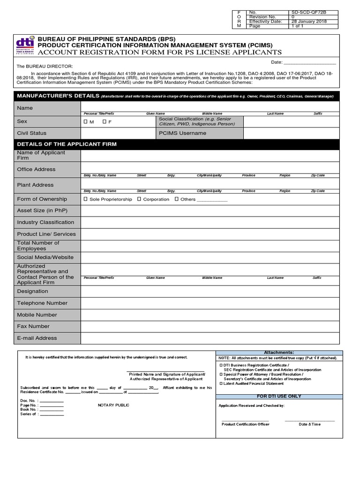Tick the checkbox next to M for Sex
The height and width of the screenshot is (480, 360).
(86, 122)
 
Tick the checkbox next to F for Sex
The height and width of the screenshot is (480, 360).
(105, 122)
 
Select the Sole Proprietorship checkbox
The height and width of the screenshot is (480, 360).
(86, 199)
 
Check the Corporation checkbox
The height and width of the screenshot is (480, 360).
(139, 199)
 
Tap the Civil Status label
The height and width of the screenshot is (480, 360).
(32, 133)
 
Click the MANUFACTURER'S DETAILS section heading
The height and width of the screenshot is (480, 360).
(58, 96)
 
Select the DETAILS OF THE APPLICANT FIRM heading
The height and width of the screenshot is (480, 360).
(67, 144)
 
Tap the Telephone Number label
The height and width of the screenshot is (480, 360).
(42, 303)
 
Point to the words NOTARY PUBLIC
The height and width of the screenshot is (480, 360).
(113, 405)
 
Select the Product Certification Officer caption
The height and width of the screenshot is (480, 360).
(245, 424)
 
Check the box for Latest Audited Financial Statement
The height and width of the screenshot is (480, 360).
(220, 384)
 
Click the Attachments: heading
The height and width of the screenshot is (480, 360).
(279, 352)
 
